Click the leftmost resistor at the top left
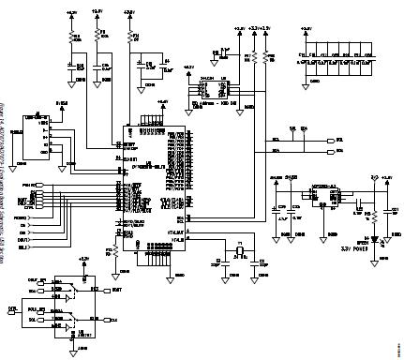(x=71, y=37)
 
